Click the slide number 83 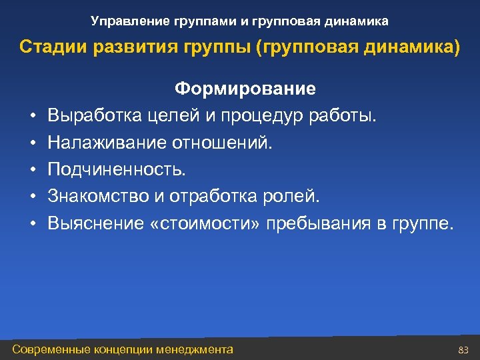[x=464, y=349]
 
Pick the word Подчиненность [x=117, y=170]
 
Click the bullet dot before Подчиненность [x=32, y=171]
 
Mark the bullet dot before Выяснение [x=32, y=224]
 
